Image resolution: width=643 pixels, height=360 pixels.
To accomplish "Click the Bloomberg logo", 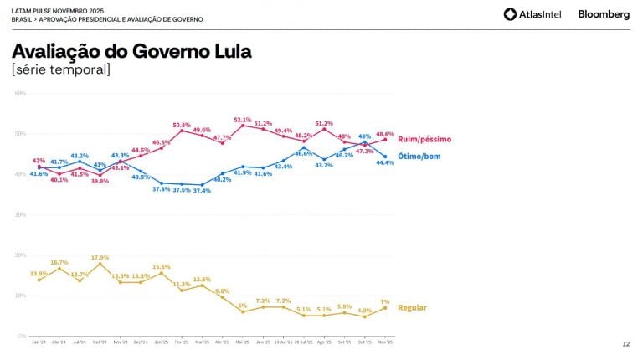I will click(604, 14).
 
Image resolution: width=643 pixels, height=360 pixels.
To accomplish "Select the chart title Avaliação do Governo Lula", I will click(131, 51).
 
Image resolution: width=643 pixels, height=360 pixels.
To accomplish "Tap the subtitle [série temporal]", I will click(61, 69).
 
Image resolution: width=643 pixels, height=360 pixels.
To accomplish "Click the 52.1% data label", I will click(243, 120).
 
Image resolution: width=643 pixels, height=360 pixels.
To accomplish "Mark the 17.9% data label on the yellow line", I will click(100, 257).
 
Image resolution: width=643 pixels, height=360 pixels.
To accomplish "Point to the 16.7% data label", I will click(59, 262).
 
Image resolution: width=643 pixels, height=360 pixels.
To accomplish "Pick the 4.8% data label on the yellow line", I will click(365, 311).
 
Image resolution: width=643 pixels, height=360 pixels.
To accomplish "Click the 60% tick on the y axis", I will click(20, 93).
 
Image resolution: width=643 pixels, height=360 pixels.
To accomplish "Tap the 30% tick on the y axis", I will click(20, 214).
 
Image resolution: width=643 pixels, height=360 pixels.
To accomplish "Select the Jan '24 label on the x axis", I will click(39, 342).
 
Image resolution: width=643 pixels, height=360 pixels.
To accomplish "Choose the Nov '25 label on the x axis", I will click(385, 342).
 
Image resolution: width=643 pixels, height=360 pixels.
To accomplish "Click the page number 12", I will click(625, 344).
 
